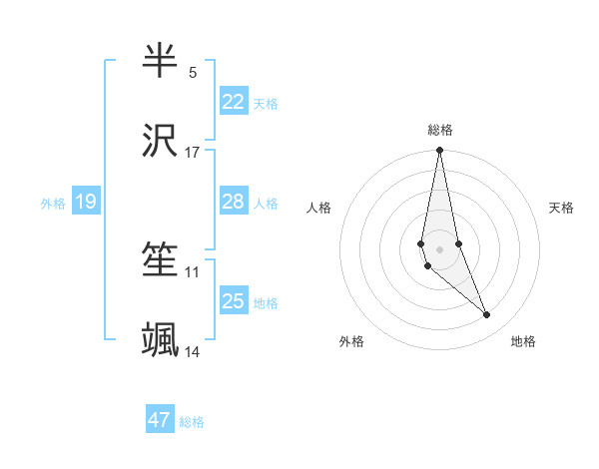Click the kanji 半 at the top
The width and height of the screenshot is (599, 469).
(161, 61)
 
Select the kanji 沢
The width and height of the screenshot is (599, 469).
(161, 141)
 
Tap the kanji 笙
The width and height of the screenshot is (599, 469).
(161, 260)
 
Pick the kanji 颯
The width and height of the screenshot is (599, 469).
(161, 340)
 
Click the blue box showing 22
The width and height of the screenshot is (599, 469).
(234, 102)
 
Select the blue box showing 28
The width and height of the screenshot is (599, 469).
(234, 202)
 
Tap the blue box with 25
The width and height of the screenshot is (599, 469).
(234, 301)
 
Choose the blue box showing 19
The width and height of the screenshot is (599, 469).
(86, 203)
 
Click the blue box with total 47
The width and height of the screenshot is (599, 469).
(160, 420)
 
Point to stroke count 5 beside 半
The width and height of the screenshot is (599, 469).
(193, 73)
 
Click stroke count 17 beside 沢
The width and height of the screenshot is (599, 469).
(193, 153)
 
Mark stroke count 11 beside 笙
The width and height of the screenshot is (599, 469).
(193, 271)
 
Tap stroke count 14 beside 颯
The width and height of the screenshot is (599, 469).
(193, 352)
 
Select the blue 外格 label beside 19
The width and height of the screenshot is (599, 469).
(53, 204)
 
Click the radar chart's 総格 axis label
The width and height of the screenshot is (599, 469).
(440, 130)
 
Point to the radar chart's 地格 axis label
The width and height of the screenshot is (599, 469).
(523, 341)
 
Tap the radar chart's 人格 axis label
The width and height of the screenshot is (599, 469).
(319, 208)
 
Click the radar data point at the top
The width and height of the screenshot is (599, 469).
(439, 151)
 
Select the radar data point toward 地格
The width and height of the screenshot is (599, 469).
(487, 315)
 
